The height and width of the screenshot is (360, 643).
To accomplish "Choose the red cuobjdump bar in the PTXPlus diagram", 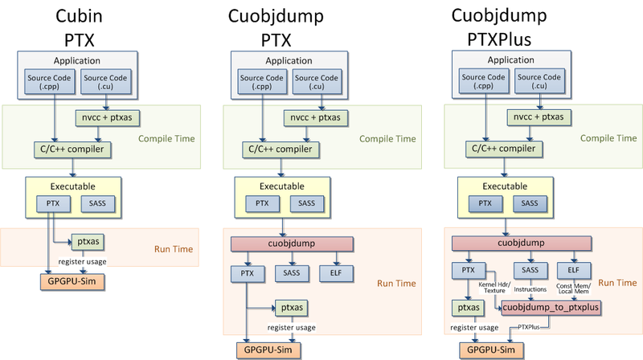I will [x=510, y=243].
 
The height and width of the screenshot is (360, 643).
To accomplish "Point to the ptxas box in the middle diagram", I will [x=290, y=306].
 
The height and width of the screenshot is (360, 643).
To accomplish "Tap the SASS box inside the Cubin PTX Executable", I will [x=100, y=203].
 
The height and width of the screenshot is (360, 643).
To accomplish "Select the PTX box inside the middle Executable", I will [x=262, y=203].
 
